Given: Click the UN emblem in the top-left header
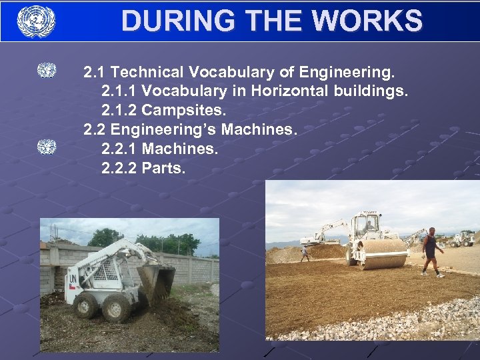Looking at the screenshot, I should pyautogui.click(x=36, y=21).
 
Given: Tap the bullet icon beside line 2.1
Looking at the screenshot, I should pyautogui.click(x=47, y=70).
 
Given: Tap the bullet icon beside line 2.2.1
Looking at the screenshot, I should pyautogui.click(x=47, y=147).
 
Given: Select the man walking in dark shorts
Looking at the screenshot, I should pyautogui.click(x=431, y=251).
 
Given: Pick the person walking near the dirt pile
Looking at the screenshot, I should pyautogui.click(x=304, y=253).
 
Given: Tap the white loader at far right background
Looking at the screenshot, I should pyautogui.click(x=463, y=239).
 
